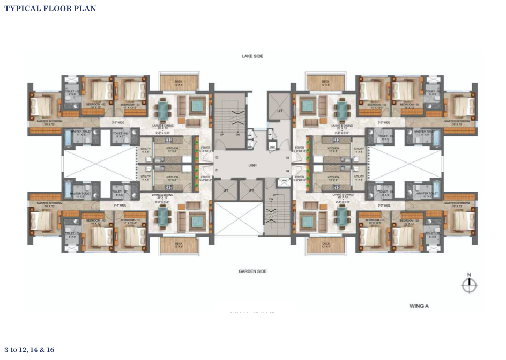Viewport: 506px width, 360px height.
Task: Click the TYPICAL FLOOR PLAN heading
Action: tap(50, 9)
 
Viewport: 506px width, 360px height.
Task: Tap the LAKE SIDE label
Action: tap(252, 56)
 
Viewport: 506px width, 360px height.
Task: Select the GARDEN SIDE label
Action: tap(252, 271)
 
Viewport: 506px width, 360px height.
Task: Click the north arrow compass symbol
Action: tap(469, 285)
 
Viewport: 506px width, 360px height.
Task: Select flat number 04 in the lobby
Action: tap(287, 171)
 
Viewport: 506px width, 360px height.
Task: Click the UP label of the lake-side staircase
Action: tap(222, 134)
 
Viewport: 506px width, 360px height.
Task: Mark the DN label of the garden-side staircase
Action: tap(272, 199)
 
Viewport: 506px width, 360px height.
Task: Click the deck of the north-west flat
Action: tap(178, 83)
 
